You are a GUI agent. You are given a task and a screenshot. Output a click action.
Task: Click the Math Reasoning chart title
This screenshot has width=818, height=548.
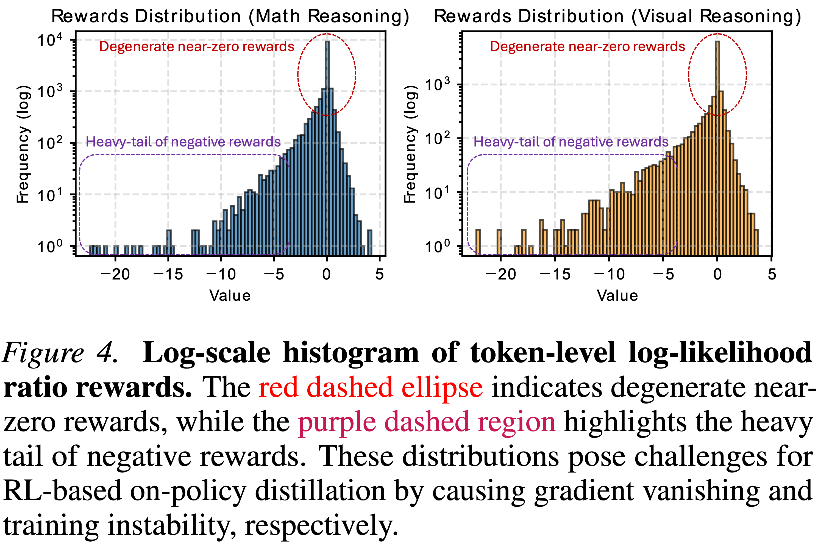pos(230,16)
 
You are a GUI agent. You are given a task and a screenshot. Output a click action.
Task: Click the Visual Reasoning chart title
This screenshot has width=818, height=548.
pos(617,16)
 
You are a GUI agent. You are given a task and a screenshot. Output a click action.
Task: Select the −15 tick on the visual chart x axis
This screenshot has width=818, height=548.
pos(555,274)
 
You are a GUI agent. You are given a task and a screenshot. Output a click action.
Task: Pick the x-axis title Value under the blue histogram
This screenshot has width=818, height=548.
pos(230,296)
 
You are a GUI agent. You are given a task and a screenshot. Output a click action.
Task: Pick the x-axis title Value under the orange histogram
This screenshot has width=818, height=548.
pos(617,296)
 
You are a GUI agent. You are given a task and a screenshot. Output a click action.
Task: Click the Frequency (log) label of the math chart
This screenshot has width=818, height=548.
pos(23,144)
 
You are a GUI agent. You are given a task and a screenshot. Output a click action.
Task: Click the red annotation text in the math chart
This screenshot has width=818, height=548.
pos(197,46)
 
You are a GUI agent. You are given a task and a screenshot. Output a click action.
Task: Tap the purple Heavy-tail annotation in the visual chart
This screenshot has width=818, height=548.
pos(571,142)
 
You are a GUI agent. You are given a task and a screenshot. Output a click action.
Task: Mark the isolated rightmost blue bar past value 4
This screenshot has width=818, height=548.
pos(369,243)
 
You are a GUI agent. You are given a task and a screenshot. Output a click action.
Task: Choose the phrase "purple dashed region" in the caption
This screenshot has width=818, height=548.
pos(427,422)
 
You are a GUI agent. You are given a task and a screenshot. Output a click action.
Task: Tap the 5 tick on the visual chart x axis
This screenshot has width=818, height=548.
pos(772,274)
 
